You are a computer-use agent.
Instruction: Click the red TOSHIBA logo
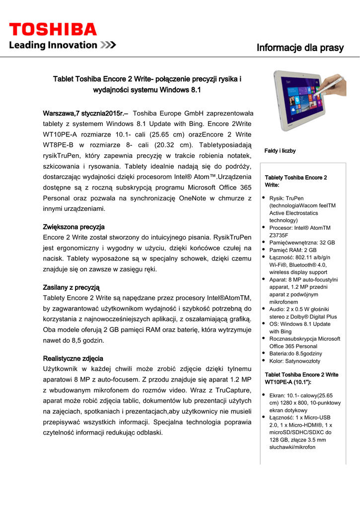tap(53, 29)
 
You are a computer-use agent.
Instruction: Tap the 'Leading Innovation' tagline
tap(54, 45)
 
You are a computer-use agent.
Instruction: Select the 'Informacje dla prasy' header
tap(300, 48)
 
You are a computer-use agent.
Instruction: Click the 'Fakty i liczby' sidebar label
tap(280, 151)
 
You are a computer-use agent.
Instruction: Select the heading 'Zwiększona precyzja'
tap(74, 227)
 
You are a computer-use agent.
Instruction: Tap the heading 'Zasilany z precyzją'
tap(72, 287)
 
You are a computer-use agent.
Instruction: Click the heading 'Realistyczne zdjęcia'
tap(73, 358)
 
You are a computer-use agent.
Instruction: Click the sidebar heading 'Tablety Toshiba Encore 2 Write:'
tap(296, 181)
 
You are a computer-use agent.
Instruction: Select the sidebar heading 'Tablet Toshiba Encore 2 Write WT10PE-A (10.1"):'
tap(301, 378)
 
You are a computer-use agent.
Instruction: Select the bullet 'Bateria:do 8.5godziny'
tap(295, 353)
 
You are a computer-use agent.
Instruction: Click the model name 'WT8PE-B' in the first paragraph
tap(60, 145)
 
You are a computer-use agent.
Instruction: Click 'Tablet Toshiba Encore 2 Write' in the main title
tap(104, 79)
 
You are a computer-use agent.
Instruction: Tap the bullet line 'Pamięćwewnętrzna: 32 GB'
tap(302, 243)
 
